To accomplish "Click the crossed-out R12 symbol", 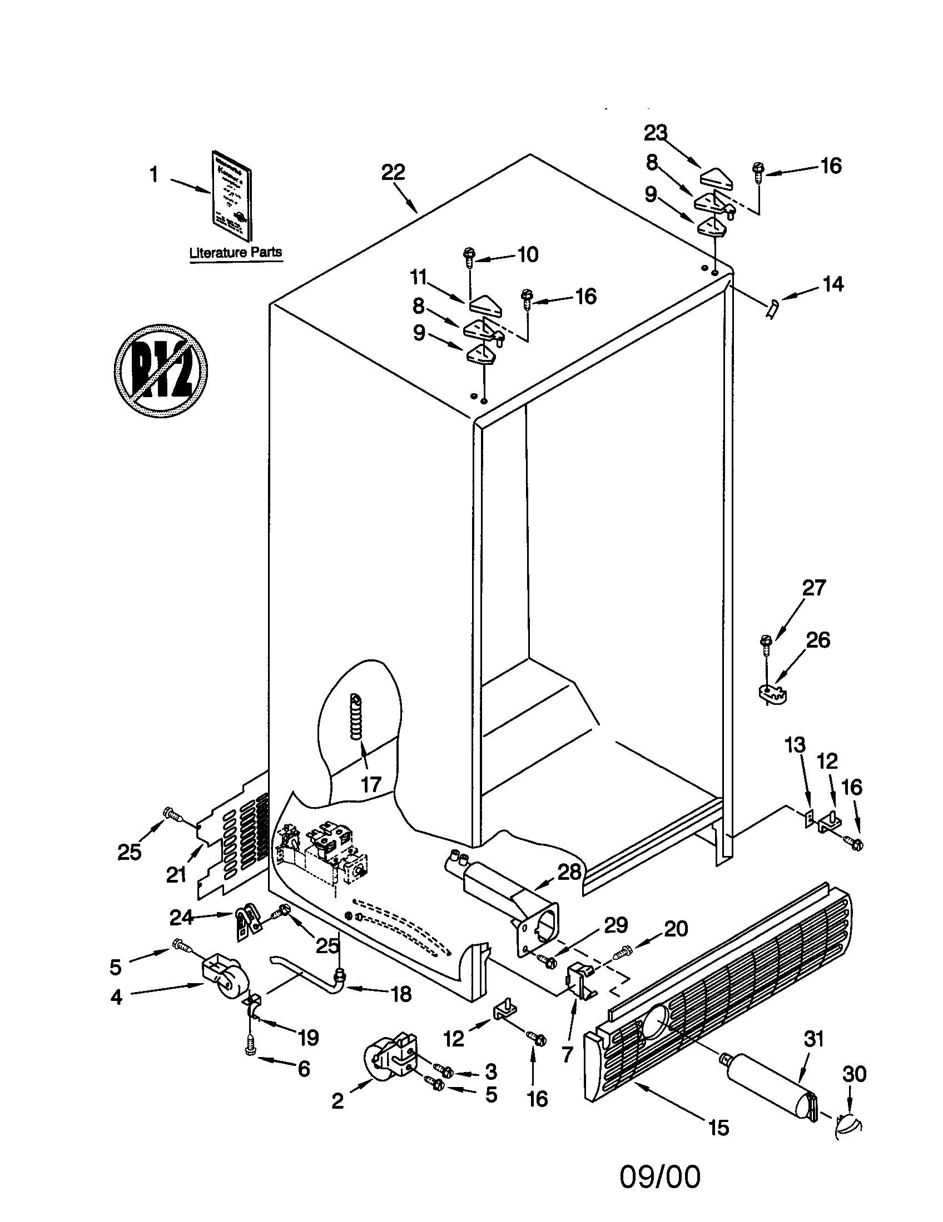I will pos(160,370).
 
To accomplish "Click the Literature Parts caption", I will pos(235,252).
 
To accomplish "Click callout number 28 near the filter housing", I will pos(569,872).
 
